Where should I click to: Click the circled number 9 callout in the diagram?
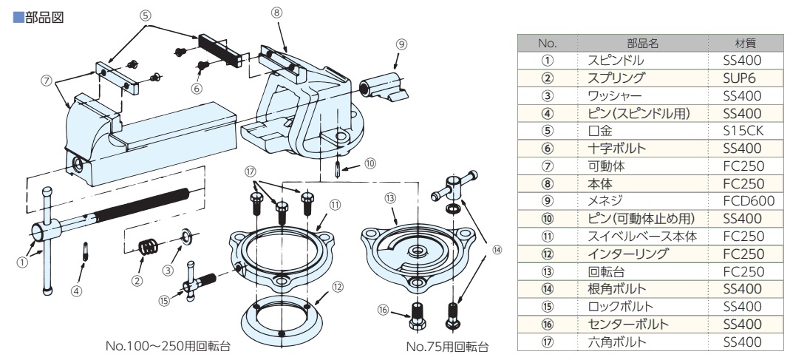coord(401,44)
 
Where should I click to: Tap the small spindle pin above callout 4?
coord(86,251)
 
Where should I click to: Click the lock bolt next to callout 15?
coord(200,282)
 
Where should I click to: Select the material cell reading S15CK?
coord(743,131)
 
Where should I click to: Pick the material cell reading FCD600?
coord(748,201)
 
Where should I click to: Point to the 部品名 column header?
coord(642,44)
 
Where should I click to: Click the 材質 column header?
coord(746,44)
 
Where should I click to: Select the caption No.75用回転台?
coord(447,347)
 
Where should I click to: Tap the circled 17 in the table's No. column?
coord(547,342)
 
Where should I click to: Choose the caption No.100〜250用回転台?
coord(168,347)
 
